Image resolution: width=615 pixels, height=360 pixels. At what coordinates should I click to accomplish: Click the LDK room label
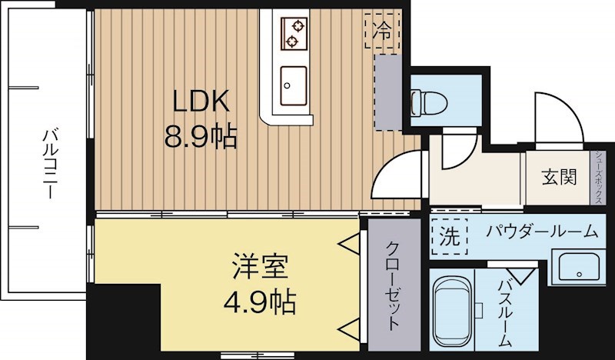click(199, 102)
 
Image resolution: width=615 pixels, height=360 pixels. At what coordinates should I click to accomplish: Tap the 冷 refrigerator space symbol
click(382, 32)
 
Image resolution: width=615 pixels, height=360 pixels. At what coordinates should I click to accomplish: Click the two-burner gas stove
click(293, 32)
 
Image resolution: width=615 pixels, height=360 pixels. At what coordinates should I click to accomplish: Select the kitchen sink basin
click(293, 85)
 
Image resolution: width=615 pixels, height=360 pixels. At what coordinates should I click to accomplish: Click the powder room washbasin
click(577, 267)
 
